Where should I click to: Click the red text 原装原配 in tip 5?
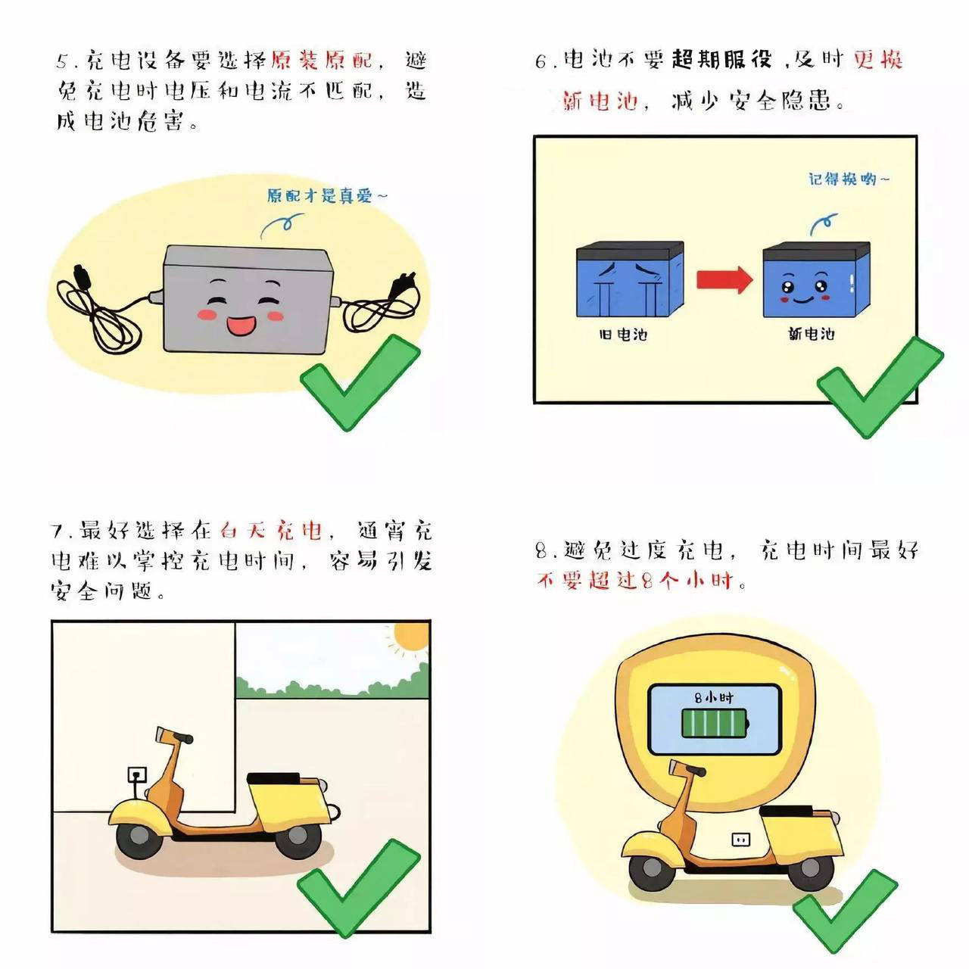[326, 60]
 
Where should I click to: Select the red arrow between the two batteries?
[724, 280]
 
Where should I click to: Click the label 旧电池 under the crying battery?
[623, 334]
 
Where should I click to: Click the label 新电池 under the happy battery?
[811, 334]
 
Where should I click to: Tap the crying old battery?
[630, 280]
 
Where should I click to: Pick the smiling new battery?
[815, 280]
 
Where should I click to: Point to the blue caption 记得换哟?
[848, 179]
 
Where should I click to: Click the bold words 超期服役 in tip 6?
[720, 60]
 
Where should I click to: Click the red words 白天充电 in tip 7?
[271, 530]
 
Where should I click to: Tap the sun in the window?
[411, 638]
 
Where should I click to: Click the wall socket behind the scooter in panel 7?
[137, 775]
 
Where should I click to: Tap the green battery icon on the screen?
[715, 724]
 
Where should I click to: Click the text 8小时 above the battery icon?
[714, 697]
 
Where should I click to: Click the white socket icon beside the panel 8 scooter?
[740, 839]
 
